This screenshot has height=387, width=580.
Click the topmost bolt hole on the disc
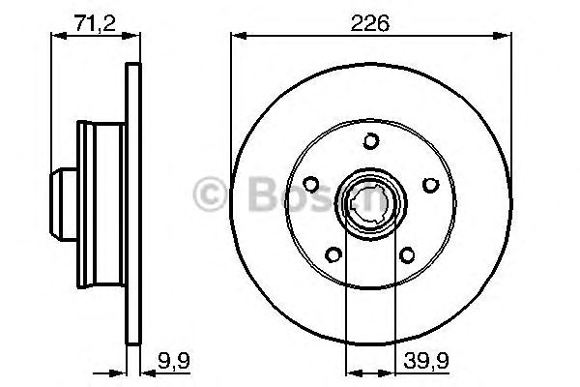(x=370, y=142)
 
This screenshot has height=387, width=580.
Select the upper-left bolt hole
(x=310, y=184)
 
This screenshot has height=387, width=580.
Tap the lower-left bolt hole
(x=333, y=254)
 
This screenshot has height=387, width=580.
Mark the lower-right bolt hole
(x=407, y=254)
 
